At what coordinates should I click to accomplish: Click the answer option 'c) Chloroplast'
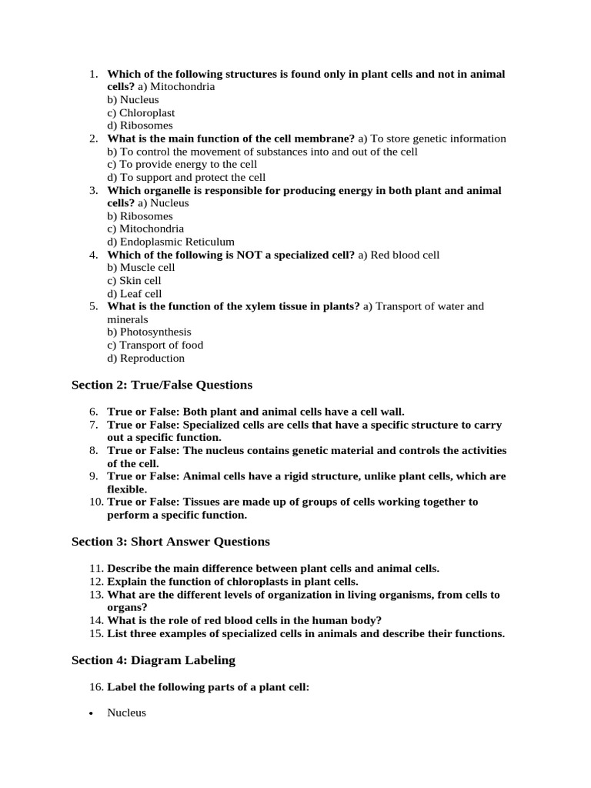pyautogui.click(x=141, y=112)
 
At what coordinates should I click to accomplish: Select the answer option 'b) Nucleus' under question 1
pyautogui.click(x=133, y=99)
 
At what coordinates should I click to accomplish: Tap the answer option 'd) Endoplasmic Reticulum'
pyautogui.click(x=171, y=242)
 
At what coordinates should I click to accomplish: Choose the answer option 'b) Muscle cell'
pyautogui.click(x=141, y=267)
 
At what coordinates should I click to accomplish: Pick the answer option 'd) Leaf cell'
pyautogui.click(x=135, y=293)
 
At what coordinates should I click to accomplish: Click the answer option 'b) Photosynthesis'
pyautogui.click(x=149, y=332)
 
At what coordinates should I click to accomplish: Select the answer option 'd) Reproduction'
pyautogui.click(x=146, y=358)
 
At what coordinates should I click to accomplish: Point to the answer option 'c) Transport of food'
pyautogui.click(x=155, y=345)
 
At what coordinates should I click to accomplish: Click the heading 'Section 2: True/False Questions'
pyautogui.click(x=162, y=385)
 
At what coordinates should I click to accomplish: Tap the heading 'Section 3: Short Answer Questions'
pyautogui.click(x=171, y=542)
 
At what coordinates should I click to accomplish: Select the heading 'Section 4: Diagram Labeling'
pyautogui.click(x=153, y=660)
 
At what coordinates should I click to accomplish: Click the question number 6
pyautogui.click(x=94, y=412)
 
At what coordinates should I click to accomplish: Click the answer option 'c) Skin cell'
pyautogui.click(x=135, y=280)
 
